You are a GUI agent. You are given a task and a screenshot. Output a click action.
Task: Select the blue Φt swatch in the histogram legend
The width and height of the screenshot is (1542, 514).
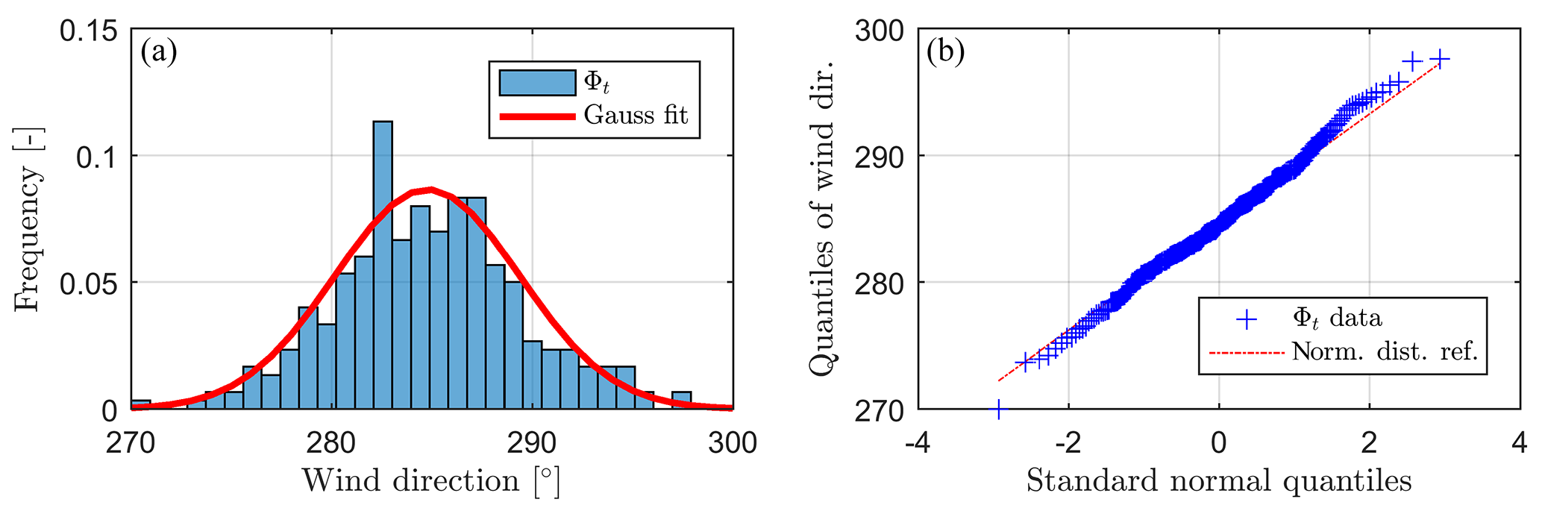[537, 83]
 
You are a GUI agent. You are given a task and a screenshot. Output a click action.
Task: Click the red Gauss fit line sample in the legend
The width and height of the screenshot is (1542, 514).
[537, 116]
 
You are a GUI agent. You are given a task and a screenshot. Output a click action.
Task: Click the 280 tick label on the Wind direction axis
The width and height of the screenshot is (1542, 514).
[331, 443]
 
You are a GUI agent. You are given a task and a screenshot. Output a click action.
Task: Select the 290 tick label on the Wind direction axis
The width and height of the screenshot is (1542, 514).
[532, 443]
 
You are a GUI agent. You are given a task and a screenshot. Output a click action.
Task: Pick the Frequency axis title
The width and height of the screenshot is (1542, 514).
[28, 220]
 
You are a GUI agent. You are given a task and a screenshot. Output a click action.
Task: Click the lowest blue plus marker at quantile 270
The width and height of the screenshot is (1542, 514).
[998, 409]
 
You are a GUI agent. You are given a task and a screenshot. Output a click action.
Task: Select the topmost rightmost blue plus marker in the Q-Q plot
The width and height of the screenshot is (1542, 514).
[1439, 60]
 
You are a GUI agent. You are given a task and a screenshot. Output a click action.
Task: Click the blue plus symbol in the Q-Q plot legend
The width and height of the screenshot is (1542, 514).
[1247, 319]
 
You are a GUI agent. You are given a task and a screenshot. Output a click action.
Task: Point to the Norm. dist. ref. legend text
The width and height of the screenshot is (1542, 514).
[1385, 351]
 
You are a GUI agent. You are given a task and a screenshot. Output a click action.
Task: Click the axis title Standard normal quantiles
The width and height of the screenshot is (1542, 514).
[1219, 481]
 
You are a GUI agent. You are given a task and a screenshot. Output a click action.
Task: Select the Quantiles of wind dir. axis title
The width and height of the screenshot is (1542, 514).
[823, 220]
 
